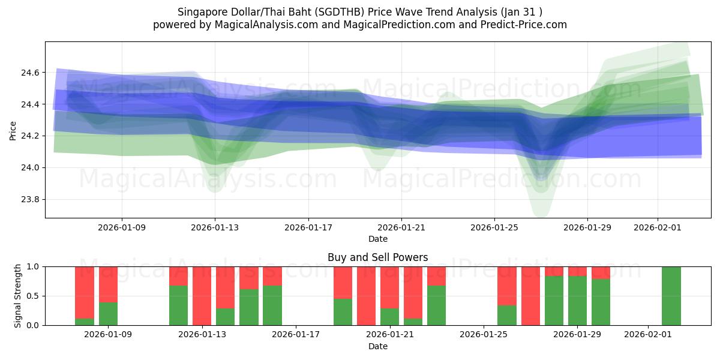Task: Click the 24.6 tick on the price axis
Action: (31, 73)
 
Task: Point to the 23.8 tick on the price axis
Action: (31, 199)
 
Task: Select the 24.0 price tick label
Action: (31, 167)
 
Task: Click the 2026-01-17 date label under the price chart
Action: (308, 227)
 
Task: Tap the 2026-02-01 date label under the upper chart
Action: (658, 227)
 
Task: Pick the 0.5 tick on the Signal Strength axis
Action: (33, 296)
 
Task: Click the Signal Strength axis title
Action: (18, 295)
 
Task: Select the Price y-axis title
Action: (13, 130)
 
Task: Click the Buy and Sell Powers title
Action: (377, 257)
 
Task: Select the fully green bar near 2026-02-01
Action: (671, 296)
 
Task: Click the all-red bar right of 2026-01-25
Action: (530, 296)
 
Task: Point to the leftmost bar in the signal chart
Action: (85, 296)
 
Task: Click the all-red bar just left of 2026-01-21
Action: (366, 296)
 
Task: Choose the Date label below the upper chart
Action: (377, 239)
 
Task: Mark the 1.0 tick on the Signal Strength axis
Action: (33, 266)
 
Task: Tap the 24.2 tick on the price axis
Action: (31, 136)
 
